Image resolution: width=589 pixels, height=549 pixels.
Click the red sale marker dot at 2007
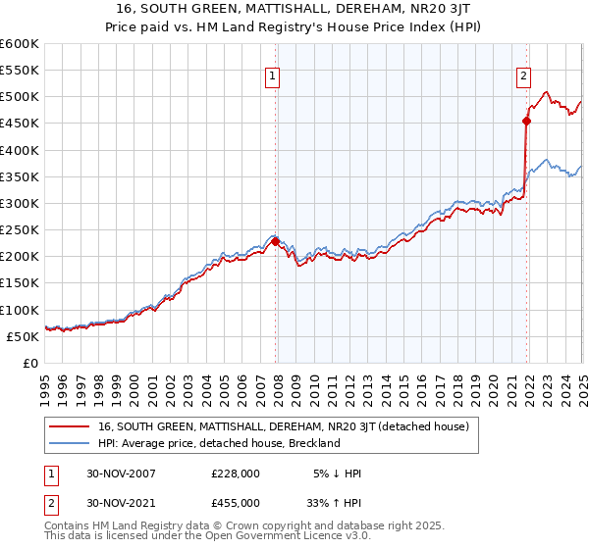(276, 241)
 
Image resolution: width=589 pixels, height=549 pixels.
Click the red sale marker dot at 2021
(527, 122)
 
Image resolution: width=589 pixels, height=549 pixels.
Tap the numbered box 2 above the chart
(523, 75)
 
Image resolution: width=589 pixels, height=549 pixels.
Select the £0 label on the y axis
(29, 363)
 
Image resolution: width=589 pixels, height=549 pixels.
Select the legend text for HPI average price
(219, 443)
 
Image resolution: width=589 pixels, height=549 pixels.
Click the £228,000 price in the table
(236, 473)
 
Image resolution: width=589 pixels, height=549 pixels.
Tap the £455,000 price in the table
(236, 506)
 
